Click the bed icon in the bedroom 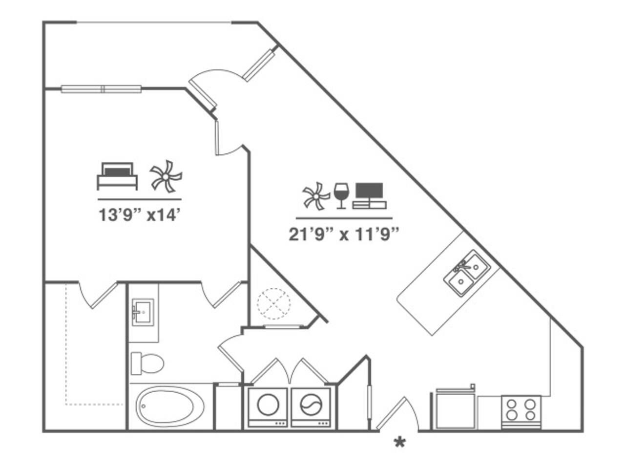[x=117, y=176]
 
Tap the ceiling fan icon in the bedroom [x=166, y=176]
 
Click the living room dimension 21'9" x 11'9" [x=344, y=234]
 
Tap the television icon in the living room [x=369, y=195]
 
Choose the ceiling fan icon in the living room [x=316, y=196]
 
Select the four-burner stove [x=521, y=410]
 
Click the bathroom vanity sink [x=143, y=312]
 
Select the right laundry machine [x=311, y=405]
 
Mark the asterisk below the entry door [x=400, y=443]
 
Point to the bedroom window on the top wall [x=101, y=89]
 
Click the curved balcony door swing [x=215, y=81]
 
